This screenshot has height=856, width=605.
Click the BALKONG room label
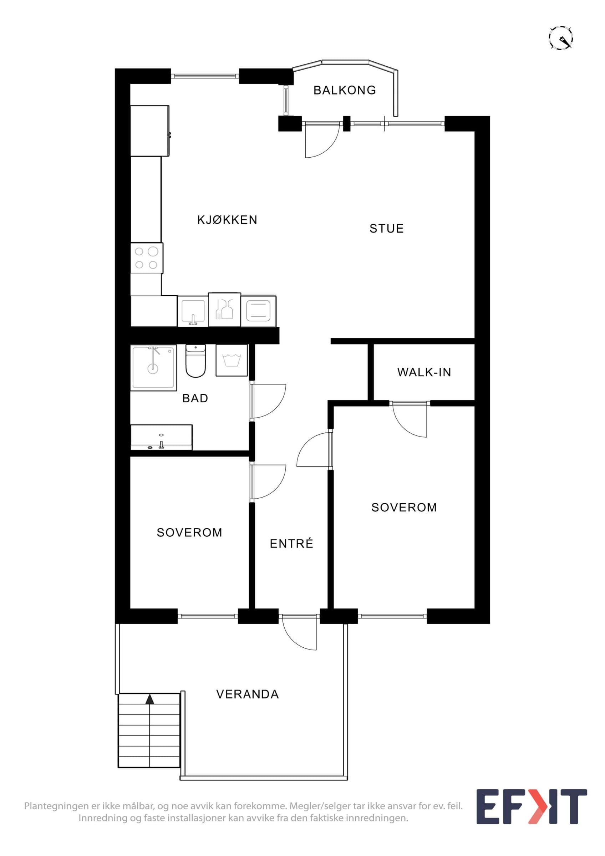click(x=345, y=90)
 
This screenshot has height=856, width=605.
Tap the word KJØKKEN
click(x=227, y=220)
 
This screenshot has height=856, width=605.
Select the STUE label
click(x=387, y=229)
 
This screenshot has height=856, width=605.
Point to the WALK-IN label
click(x=424, y=372)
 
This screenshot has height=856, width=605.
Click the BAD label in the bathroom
click(x=195, y=398)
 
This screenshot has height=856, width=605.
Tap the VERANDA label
click(x=248, y=694)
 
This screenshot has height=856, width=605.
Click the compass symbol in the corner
click(x=561, y=38)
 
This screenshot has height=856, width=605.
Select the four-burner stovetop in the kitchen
click(x=147, y=258)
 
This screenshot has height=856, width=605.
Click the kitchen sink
click(x=193, y=311)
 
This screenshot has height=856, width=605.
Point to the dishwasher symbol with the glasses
click(x=224, y=310)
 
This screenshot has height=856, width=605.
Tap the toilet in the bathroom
click(x=195, y=361)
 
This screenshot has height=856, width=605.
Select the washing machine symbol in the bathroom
click(x=232, y=360)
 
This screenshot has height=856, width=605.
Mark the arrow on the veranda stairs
click(x=149, y=699)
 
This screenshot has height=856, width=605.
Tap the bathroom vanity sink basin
click(x=161, y=437)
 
